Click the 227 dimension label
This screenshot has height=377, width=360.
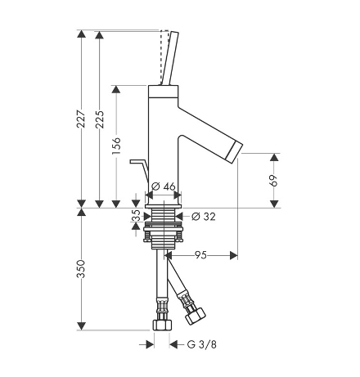coord(81,119)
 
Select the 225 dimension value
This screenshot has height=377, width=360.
coord(100,119)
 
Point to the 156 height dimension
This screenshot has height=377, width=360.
coord(116,146)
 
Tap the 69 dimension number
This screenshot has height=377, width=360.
coord(273,181)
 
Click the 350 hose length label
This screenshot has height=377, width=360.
coord(81,269)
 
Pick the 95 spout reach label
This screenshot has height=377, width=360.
coord(200,255)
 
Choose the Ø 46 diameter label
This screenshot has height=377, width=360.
coord(163,187)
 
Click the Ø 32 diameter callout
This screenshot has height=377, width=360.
coord(204,217)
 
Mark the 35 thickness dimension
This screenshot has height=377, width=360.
coord(136,215)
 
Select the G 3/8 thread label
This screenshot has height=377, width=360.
coord(202,344)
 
